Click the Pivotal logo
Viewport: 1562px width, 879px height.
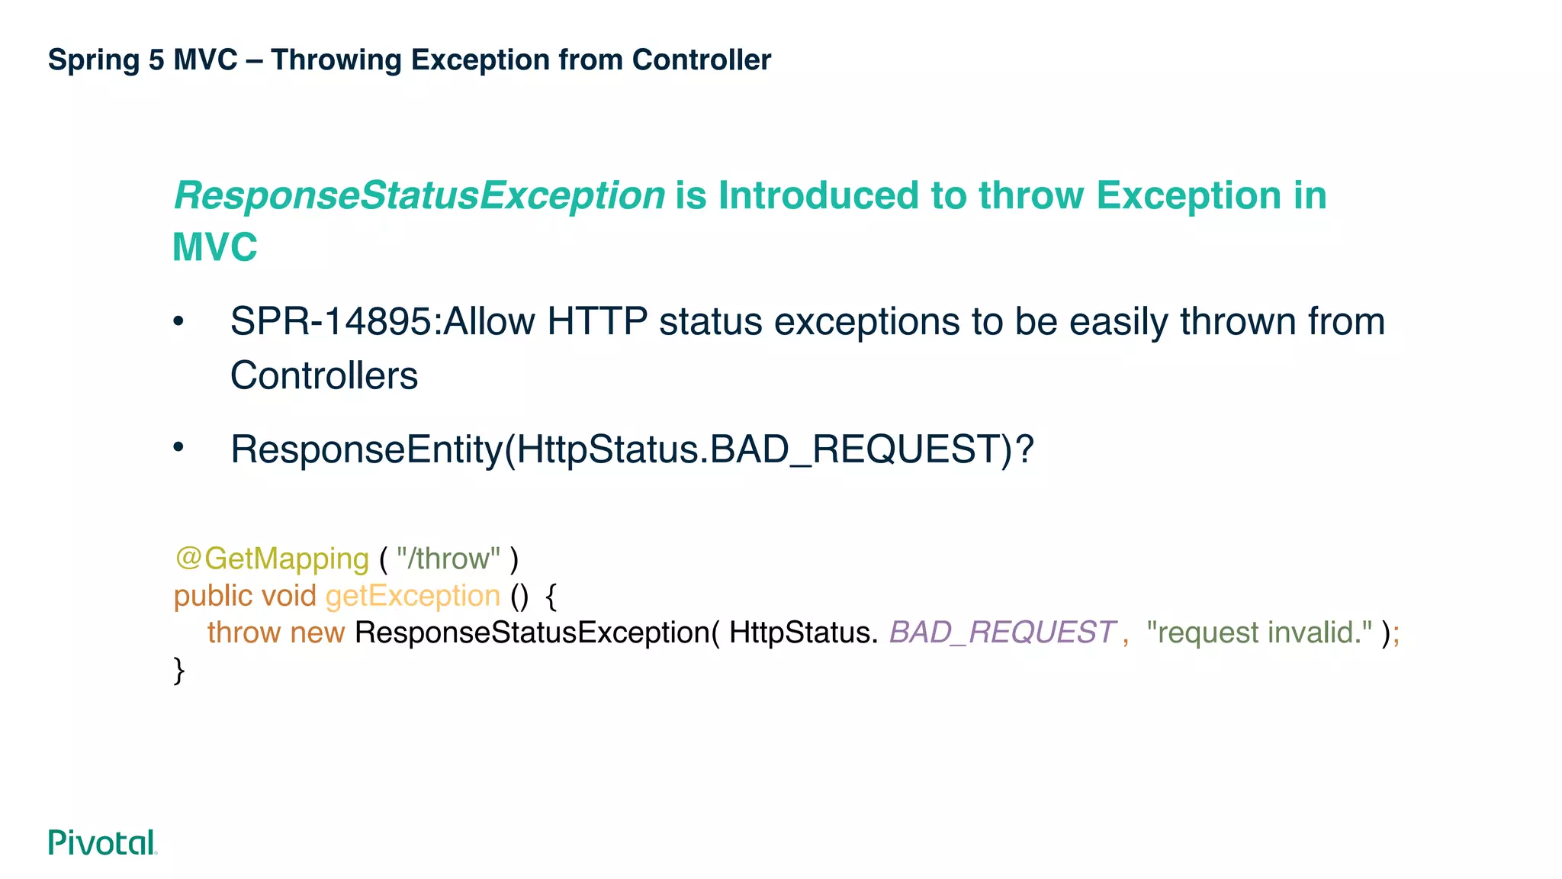pos(102,842)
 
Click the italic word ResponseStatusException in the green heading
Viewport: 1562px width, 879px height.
pos(419,196)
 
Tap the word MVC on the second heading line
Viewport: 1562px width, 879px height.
pos(215,248)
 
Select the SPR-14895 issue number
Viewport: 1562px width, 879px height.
pos(331,321)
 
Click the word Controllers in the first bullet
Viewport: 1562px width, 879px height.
pos(324,376)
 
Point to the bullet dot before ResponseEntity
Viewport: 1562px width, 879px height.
pos(178,447)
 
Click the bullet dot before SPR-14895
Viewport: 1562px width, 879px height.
pos(178,321)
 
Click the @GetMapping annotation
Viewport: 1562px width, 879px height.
pos(272,559)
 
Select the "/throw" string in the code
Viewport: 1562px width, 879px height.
pos(448,559)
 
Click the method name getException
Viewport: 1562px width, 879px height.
pos(413,596)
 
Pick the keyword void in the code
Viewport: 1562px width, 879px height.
pos(288,596)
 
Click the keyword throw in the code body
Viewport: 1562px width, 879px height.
pos(243,633)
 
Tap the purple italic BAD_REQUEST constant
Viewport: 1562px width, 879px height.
pos(1001,633)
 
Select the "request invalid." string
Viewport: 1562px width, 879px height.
pos(1258,633)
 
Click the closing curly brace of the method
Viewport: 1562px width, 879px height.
pos(179,670)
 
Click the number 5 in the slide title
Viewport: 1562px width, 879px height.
pos(156,60)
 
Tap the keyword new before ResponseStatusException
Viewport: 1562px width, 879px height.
pos(317,633)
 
